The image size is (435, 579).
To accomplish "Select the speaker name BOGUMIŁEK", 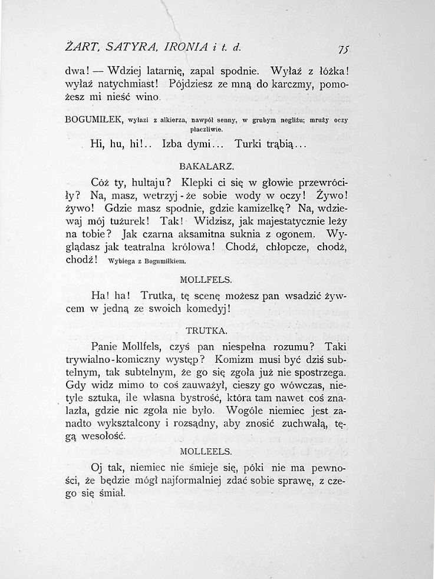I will tap(93, 120).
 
